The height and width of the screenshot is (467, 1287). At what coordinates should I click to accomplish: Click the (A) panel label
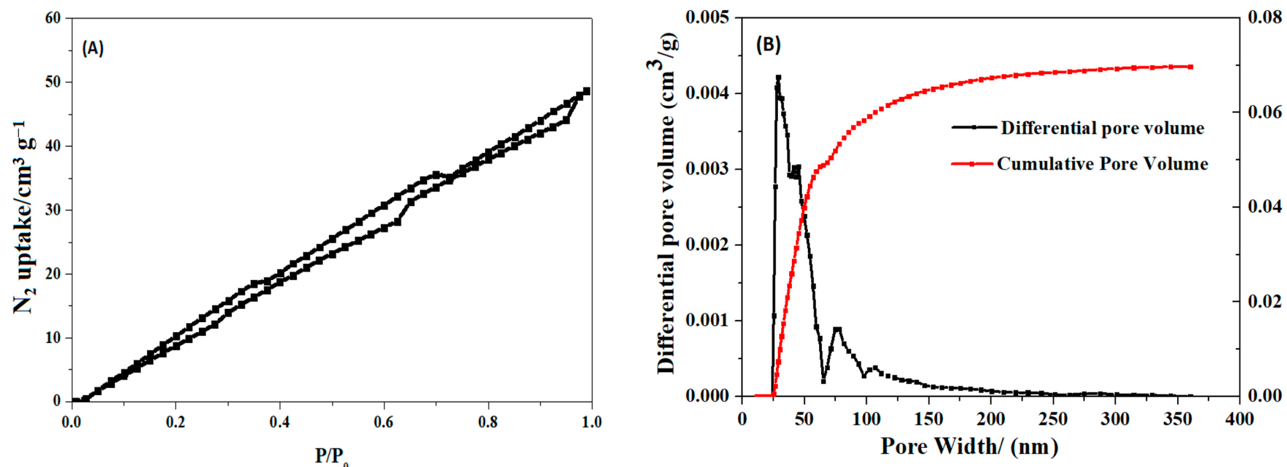[92, 48]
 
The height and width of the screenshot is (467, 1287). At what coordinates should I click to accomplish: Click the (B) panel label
[768, 45]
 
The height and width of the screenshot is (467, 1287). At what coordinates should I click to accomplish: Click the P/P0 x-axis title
[331, 456]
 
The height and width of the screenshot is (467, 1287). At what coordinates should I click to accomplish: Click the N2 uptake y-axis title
[23, 217]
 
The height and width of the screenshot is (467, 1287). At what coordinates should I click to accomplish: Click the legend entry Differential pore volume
[1101, 128]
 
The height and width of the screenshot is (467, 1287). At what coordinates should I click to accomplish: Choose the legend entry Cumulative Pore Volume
[1101, 164]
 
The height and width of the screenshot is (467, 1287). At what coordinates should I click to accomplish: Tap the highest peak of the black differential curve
[778, 78]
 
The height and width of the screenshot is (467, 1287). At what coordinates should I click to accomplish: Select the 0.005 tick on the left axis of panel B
[707, 18]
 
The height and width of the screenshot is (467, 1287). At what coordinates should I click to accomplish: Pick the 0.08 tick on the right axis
[1264, 18]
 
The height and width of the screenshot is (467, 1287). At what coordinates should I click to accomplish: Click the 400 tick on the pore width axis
[1239, 419]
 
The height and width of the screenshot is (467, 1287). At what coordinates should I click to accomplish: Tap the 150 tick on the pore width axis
[928, 419]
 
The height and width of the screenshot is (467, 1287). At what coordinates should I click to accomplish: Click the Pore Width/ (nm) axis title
[969, 446]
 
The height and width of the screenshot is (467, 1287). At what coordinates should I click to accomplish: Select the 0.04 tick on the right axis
[1264, 207]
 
